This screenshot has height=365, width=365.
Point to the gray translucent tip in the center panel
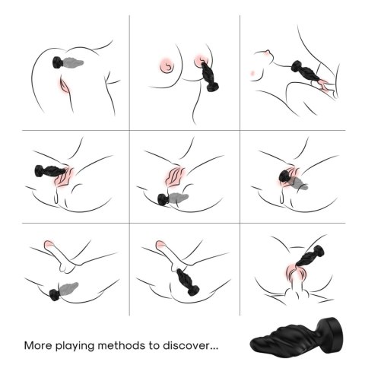click(181, 199)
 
